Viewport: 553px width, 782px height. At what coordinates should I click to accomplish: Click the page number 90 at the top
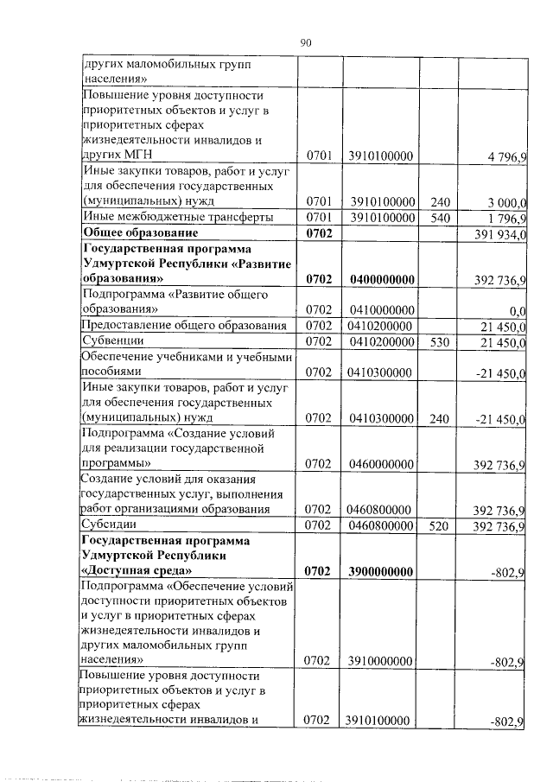pos(305,41)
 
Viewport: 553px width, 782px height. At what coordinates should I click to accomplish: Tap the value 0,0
pos(518,309)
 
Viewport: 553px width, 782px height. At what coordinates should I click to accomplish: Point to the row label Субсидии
pos(105,525)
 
